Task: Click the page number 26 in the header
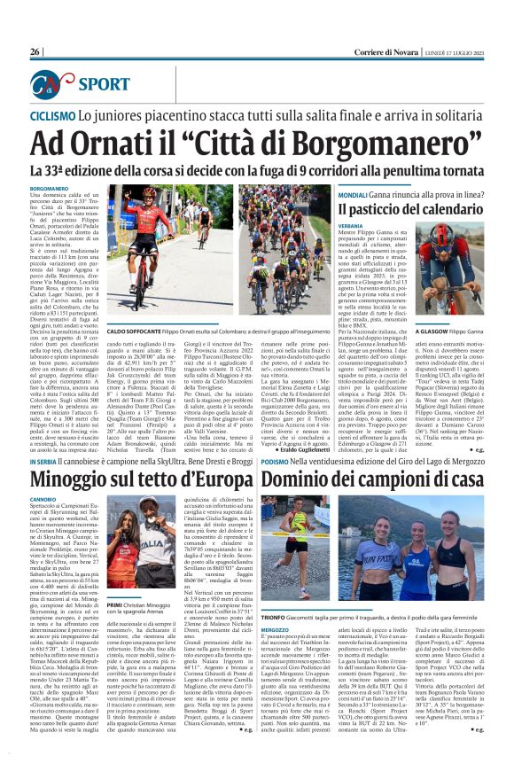point(35,52)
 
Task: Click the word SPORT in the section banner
point(104,84)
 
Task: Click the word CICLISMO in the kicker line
point(52,116)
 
